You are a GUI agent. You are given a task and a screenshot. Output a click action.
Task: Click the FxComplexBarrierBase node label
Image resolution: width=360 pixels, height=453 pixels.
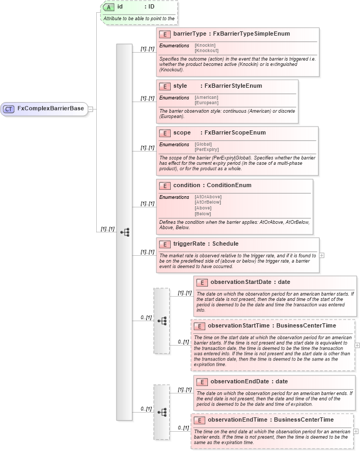coord(51,108)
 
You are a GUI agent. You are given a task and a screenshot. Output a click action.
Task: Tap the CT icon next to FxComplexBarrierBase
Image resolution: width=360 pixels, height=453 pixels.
coord(9,109)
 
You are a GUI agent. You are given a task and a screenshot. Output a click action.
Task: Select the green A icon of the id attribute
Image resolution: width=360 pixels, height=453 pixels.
coord(108,7)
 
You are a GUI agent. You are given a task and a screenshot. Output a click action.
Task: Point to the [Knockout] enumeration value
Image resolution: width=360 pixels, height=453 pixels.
coord(206,51)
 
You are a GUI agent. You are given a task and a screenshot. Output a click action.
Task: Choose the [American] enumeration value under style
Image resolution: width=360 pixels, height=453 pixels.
coord(206,97)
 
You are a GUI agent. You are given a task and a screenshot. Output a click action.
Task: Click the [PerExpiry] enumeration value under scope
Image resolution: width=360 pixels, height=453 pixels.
coord(206,149)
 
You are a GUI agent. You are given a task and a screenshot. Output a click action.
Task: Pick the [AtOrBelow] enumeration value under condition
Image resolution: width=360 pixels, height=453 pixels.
coord(208,202)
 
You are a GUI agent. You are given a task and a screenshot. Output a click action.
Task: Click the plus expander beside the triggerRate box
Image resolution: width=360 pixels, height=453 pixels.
coord(322,255)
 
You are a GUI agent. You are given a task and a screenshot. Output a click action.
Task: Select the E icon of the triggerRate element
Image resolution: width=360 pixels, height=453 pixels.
coord(164,244)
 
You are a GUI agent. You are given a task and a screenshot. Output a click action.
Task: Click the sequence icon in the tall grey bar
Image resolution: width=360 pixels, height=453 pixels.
coord(124,232)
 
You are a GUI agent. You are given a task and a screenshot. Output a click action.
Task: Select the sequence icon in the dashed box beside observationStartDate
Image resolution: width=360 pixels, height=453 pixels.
coord(162,321)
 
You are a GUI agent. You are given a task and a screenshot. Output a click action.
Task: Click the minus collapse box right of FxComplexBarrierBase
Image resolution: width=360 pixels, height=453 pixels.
coord(91,109)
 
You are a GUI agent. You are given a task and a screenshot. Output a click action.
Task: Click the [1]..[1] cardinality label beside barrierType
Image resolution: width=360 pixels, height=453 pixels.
coord(147,49)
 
